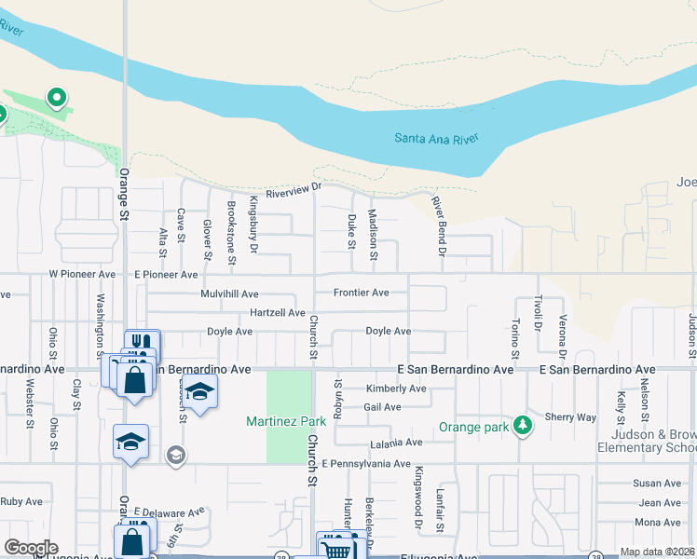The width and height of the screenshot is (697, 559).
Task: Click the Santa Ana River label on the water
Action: click(436, 139)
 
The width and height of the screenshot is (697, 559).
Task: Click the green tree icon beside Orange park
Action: click(524, 426)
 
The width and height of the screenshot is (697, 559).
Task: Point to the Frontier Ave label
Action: click(362, 293)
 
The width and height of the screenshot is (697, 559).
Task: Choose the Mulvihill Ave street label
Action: click(229, 293)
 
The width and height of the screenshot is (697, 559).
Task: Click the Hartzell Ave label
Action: click(277, 312)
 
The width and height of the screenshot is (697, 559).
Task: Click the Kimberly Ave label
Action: click(395, 389)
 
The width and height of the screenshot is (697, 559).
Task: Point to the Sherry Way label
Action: click(570, 417)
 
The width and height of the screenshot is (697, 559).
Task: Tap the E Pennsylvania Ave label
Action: click(366, 463)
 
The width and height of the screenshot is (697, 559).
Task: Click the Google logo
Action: click(32, 548)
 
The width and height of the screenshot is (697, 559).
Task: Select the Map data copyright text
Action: click(657, 552)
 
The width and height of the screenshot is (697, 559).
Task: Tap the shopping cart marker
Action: click(336, 549)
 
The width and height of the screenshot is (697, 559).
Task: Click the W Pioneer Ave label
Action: click(82, 275)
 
